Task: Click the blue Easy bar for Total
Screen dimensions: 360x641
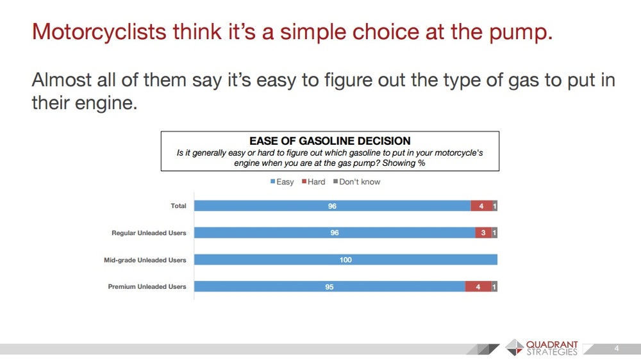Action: [332, 206]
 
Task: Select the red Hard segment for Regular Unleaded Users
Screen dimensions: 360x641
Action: [483, 233]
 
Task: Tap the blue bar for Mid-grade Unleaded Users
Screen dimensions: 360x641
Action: [345, 259]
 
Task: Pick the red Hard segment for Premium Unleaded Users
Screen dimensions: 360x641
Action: [478, 286]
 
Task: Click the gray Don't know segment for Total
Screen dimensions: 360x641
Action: [495, 206]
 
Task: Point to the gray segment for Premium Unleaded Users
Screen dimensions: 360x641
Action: [495, 286]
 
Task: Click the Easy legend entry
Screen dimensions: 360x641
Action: [281, 182]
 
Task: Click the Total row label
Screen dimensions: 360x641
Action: [178, 206]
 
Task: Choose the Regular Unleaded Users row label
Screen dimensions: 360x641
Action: [149, 233]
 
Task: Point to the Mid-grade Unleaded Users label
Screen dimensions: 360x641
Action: [145, 259]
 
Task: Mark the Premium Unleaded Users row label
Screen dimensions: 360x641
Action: [147, 286]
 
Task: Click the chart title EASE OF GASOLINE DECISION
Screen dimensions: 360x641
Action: [329, 141]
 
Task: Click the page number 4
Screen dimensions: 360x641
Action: [617, 348]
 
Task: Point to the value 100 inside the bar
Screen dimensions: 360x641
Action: [345, 259]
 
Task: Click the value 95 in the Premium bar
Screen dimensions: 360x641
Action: [329, 286]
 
